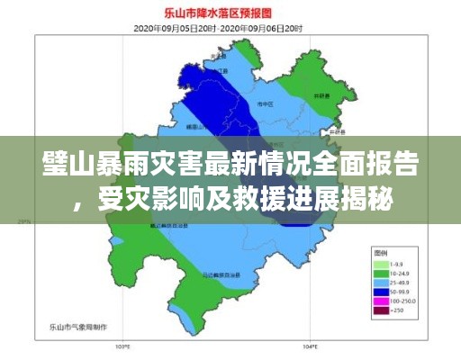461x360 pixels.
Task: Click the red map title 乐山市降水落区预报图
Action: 230,13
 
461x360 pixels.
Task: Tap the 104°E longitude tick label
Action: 310,345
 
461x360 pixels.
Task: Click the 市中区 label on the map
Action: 266,105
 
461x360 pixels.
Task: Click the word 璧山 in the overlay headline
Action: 61,166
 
